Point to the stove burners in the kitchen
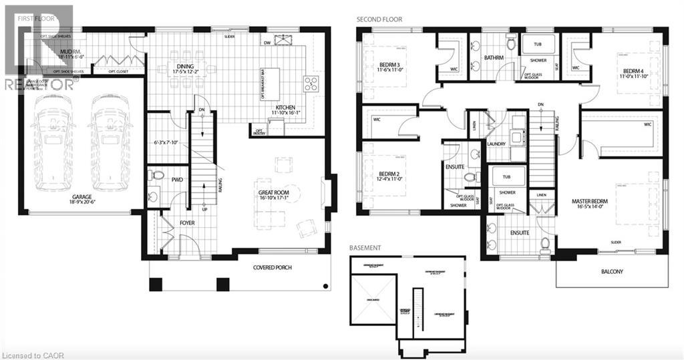point(311,83)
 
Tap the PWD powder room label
point(177,180)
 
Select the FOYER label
point(187,222)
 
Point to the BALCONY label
point(611,272)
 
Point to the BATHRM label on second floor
point(494,58)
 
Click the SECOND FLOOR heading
point(379,20)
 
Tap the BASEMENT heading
point(365,248)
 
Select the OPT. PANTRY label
point(258,130)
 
